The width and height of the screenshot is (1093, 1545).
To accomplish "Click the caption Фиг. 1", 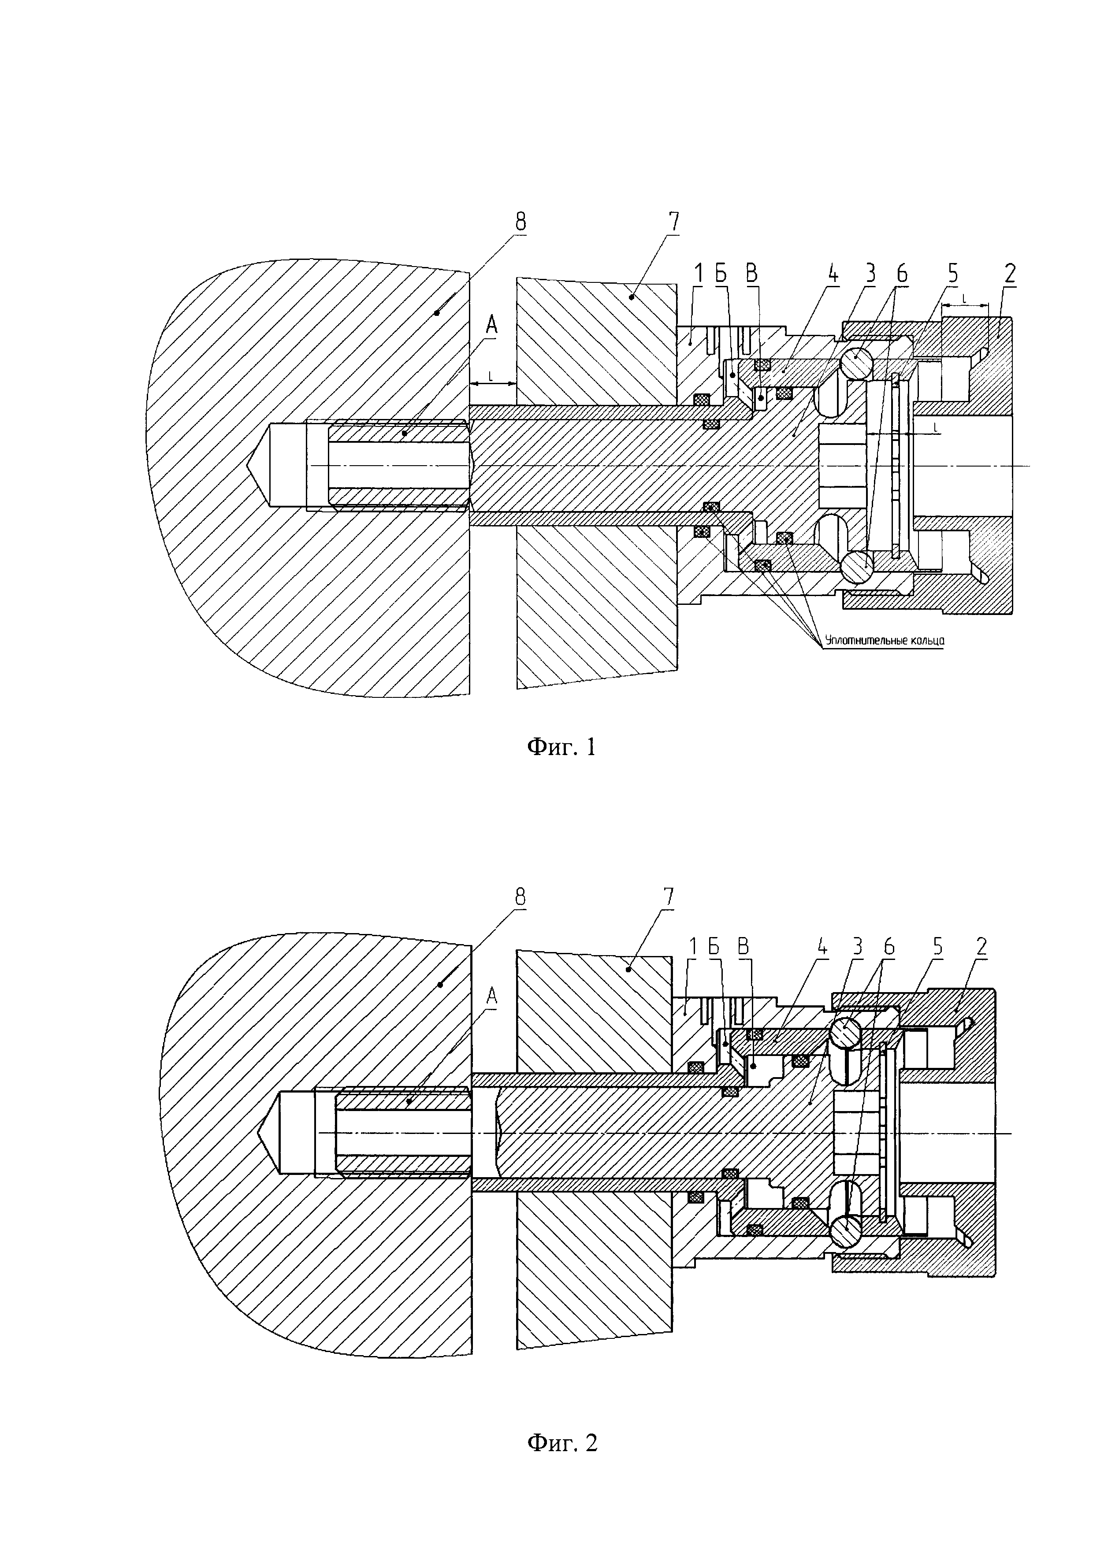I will [x=561, y=747].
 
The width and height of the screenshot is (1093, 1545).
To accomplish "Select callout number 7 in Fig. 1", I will [x=674, y=222].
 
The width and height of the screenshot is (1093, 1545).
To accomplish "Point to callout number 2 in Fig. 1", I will [x=1010, y=274].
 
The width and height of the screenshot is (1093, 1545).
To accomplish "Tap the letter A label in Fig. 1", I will [x=491, y=326].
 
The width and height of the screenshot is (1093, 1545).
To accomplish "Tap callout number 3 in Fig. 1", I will [x=870, y=274].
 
